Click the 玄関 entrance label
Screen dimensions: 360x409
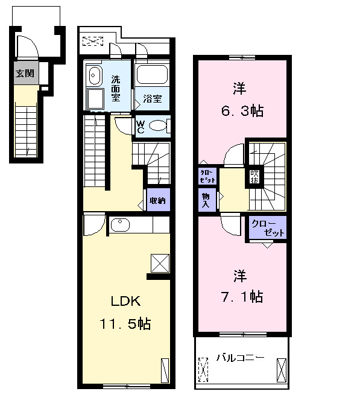[x=25, y=74]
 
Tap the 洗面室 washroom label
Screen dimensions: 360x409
[x=116, y=89]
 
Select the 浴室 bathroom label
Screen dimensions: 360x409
[x=152, y=98]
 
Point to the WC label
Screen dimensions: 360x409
[x=141, y=127]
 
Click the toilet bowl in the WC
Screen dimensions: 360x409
[x=158, y=126]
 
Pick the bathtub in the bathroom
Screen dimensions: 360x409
[x=152, y=75]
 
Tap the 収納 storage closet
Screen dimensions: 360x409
[x=158, y=200]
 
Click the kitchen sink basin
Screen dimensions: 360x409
[x=120, y=225]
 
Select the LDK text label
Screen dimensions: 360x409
[x=126, y=302]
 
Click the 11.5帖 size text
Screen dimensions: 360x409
[x=125, y=324]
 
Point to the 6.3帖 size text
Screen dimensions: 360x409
[x=242, y=111]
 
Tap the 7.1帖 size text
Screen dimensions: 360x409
[x=242, y=297]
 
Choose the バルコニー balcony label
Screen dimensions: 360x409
[x=241, y=357]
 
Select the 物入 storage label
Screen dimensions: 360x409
[x=206, y=200]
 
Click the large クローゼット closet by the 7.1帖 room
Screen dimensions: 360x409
[x=268, y=227]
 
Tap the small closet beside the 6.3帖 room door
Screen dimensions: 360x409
[x=207, y=176]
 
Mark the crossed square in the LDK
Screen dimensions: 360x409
[x=160, y=263]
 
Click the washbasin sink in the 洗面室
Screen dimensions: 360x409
[x=94, y=75]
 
